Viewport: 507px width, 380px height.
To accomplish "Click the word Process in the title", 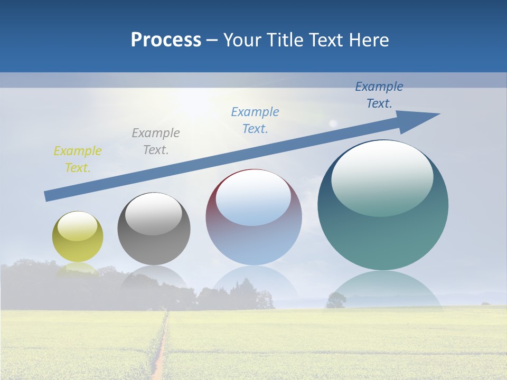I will (x=166, y=40).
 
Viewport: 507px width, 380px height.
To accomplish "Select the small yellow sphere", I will (x=78, y=236).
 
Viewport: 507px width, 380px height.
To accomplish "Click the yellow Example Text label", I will (x=78, y=159).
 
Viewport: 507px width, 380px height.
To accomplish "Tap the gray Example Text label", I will (x=156, y=141).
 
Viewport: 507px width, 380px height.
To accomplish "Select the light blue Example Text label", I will (x=255, y=120).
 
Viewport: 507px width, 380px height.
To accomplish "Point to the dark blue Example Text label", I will (x=379, y=95).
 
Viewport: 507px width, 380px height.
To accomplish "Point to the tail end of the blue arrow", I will (x=49, y=196).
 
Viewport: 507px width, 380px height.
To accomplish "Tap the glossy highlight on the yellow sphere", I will (x=78, y=226).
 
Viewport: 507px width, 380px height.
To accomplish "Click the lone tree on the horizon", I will (x=336, y=300).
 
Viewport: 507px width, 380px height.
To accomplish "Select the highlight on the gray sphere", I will (x=154, y=214).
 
